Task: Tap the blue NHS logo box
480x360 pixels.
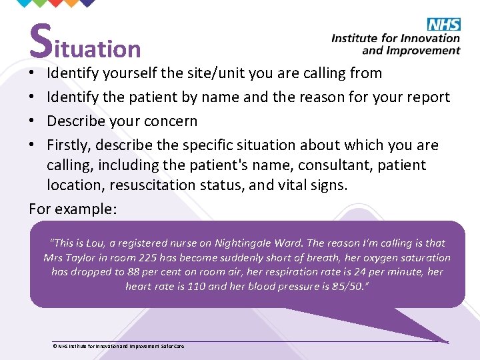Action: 443,25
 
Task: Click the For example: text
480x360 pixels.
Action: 73,209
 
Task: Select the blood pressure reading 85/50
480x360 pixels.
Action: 350,287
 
